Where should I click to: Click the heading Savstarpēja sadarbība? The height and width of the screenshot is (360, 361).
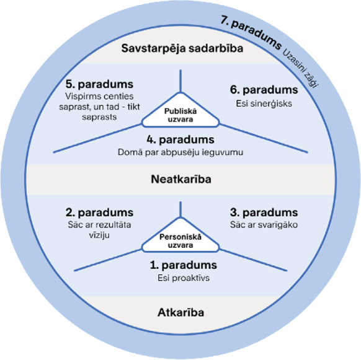[x=182, y=48]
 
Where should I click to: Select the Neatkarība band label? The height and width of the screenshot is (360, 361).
[x=181, y=179]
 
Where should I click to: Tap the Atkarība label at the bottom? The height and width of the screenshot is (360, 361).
[x=180, y=312]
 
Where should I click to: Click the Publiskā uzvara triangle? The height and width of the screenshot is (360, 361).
[x=180, y=110]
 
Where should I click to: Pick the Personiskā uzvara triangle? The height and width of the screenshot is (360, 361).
[x=180, y=235]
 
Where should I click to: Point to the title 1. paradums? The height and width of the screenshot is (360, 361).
[x=183, y=265]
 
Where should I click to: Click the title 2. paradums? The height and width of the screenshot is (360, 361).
[x=99, y=213]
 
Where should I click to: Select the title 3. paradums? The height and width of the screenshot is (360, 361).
[x=264, y=213]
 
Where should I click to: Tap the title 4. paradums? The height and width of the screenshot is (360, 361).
[x=180, y=139]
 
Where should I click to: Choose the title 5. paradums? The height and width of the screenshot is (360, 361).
[x=99, y=84]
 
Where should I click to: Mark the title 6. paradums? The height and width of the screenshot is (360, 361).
[x=264, y=90]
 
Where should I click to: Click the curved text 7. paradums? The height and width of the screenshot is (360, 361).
[x=251, y=32]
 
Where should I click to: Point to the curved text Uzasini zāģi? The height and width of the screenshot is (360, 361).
[x=301, y=68]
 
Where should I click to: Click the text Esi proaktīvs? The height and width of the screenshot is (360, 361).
[x=184, y=278]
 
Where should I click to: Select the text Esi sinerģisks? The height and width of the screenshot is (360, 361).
[x=264, y=103]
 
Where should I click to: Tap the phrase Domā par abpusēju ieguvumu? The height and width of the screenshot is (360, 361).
[x=180, y=152]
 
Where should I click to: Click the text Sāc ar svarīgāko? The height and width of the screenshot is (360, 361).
[x=264, y=225]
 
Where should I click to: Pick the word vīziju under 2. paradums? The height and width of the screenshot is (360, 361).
[x=99, y=235]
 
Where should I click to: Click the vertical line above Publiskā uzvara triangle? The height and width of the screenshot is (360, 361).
[x=180, y=81]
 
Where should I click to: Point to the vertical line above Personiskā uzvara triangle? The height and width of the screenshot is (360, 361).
[x=180, y=209]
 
